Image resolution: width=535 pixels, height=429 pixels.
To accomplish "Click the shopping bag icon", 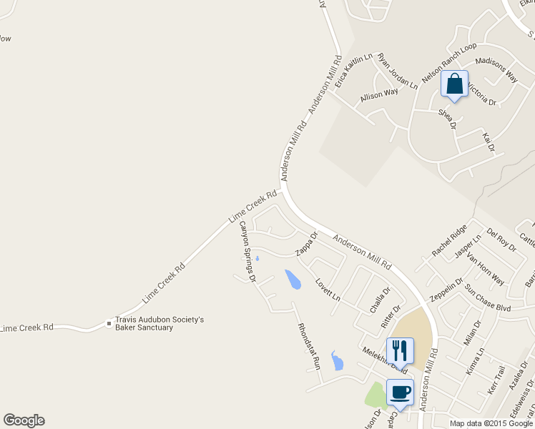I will pos(455,84).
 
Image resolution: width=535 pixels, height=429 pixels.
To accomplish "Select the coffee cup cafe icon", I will pos(400,392).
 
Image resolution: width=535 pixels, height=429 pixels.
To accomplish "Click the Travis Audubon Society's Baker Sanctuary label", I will pos(154,323).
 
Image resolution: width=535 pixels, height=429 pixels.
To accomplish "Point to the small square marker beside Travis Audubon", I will pos(109,323).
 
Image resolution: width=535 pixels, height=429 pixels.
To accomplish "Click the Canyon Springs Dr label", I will pos(247,251).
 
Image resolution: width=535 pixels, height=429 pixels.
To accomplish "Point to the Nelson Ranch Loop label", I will pos(448,63).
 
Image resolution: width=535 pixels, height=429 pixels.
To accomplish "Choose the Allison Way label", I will pos(379,94).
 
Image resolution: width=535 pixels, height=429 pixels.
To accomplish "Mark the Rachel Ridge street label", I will pos(449,241).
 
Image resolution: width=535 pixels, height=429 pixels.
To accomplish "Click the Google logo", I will pos(24,420).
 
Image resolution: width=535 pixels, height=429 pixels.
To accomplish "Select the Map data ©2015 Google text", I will pos(491,423).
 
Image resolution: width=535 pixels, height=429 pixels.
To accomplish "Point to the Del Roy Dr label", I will pos(501,239).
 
